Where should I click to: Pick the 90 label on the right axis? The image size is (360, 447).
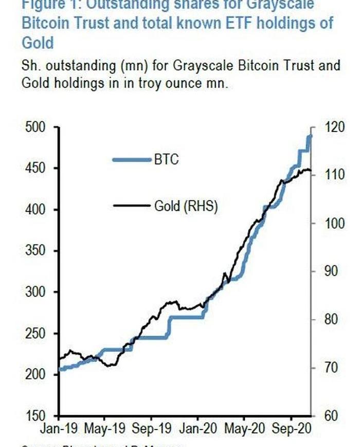coord(326,272)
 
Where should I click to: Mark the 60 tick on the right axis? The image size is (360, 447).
coord(326,416)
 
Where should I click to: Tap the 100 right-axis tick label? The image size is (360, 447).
coord(329,223)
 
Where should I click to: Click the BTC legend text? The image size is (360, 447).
coord(166,160)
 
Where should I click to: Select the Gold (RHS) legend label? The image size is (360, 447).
coord(186,207)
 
